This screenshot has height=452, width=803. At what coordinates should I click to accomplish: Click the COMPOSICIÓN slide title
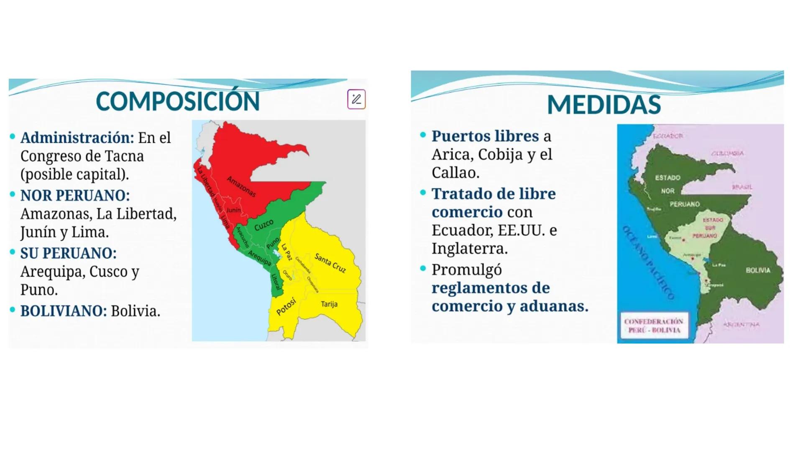(x=178, y=101)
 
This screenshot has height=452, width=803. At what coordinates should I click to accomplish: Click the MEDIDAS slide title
(x=604, y=105)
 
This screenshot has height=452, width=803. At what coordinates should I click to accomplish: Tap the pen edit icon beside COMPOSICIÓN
(x=356, y=99)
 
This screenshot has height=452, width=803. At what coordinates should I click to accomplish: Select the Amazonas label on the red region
(x=241, y=186)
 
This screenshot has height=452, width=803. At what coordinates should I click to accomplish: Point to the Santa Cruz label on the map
(x=330, y=263)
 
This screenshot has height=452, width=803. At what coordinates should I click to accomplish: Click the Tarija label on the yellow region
(x=329, y=304)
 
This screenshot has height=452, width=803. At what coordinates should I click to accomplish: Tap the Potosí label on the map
(x=286, y=307)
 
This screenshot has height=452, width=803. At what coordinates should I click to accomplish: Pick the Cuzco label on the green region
(x=264, y=225)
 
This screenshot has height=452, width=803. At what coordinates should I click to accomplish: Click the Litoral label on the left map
(x=275, y=282)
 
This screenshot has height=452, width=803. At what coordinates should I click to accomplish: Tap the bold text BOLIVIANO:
(x=64, y=311)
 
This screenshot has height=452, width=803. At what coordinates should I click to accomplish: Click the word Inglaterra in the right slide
(x=469, y=249)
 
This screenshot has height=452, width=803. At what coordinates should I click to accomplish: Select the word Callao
(x=455, y=172)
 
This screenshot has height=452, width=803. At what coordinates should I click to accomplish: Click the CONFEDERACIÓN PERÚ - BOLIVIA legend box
(x=654, y=326)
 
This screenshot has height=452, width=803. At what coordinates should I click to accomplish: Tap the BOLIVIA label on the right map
(x=758, y=270)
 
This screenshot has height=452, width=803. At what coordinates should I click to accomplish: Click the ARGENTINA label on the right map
(x=741, y=324)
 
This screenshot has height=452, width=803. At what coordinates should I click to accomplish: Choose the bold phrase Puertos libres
(x=485, y=136)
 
